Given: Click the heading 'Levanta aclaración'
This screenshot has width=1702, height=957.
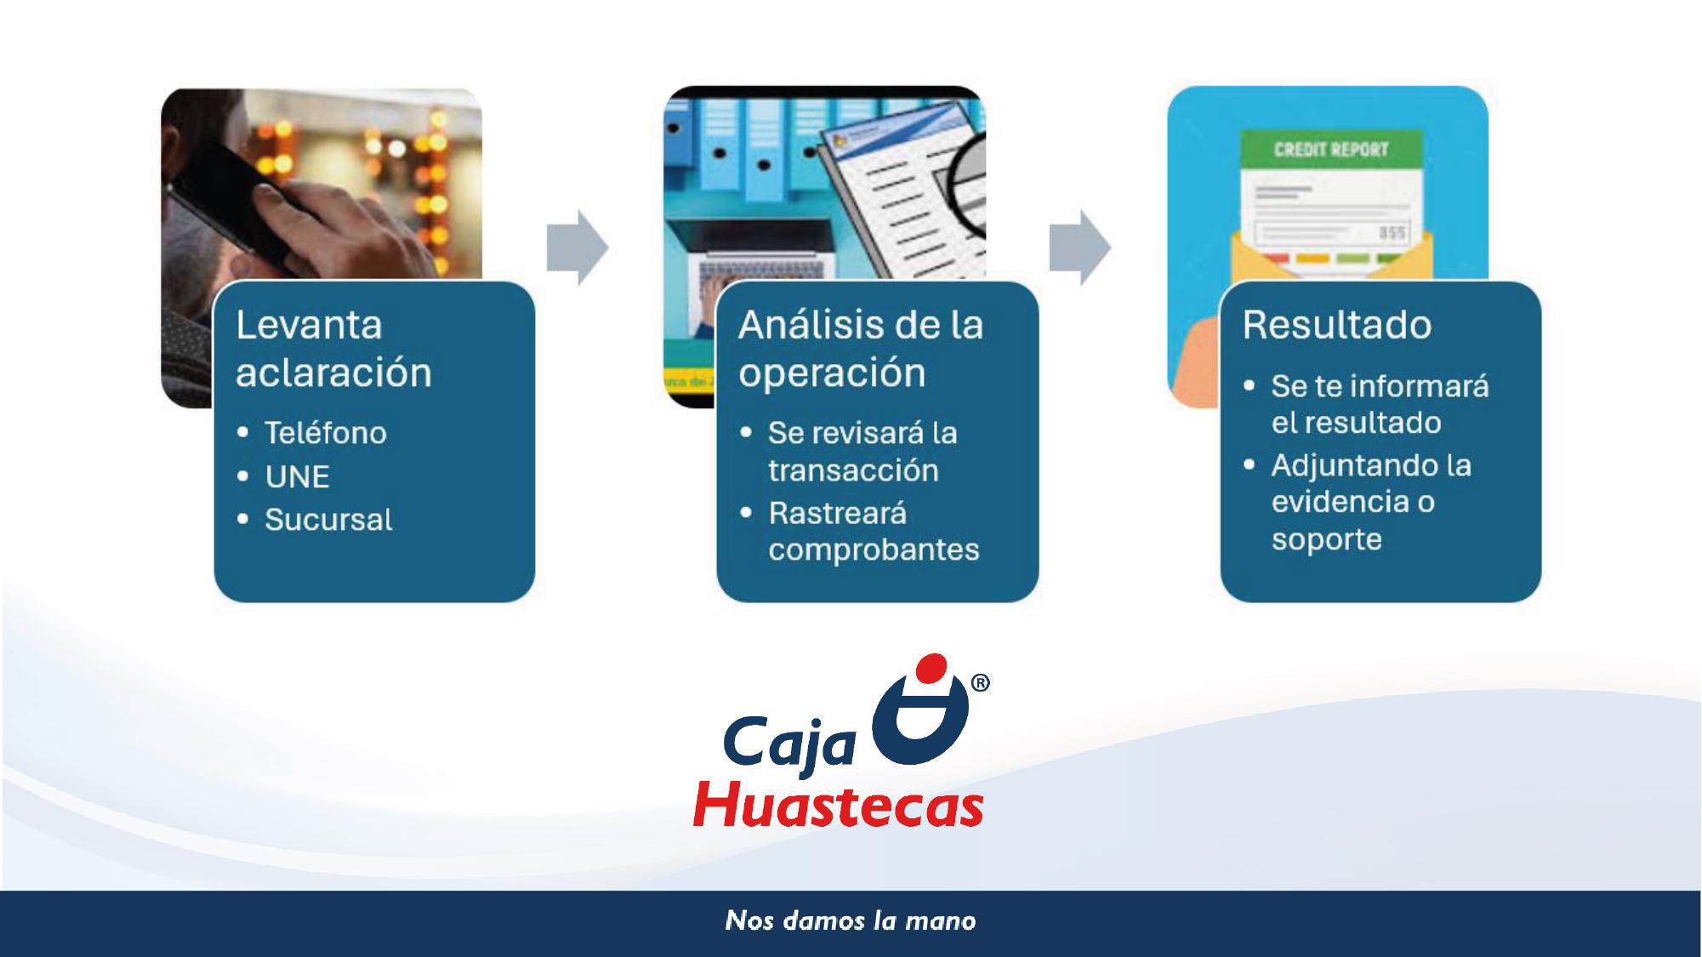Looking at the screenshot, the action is coord(333,349).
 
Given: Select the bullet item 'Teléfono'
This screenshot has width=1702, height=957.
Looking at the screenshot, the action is coord(326,433).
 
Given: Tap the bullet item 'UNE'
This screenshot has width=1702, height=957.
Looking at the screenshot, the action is coord(297,476).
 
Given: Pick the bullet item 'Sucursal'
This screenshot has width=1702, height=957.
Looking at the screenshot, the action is coord(328,520).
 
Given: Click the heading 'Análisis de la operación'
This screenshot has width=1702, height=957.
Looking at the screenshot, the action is coord(861,349).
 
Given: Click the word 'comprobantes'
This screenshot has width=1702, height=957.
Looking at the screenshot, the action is coord(874,550).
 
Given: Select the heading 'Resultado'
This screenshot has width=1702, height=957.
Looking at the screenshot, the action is coord(1337,325).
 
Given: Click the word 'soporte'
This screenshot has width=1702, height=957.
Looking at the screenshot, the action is coord(1327,539).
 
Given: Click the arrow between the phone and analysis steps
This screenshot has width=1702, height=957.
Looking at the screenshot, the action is coord(578,247).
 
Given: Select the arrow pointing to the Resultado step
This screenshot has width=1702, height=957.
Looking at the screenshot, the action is coord(1080,247).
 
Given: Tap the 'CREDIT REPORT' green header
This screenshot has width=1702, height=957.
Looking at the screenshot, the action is coord(1331,150).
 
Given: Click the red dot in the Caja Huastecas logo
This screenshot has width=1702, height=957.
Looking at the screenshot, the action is coord(933,668).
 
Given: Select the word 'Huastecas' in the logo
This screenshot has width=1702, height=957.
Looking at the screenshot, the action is coord(839,804).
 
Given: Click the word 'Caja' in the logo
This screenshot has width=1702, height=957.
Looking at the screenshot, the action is coord(789,743).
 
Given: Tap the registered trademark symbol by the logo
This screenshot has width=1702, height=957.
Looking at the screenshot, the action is coord(980,683).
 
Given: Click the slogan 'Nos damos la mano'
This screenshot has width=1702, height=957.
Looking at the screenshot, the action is coord(851,920).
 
